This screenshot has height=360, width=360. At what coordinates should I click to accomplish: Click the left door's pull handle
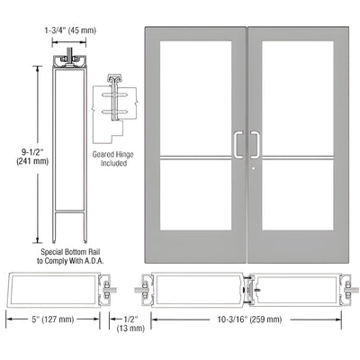(238, 145)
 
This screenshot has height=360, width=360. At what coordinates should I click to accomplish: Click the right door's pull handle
(256, 145)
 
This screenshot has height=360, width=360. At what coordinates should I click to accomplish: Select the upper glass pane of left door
(193, 94)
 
